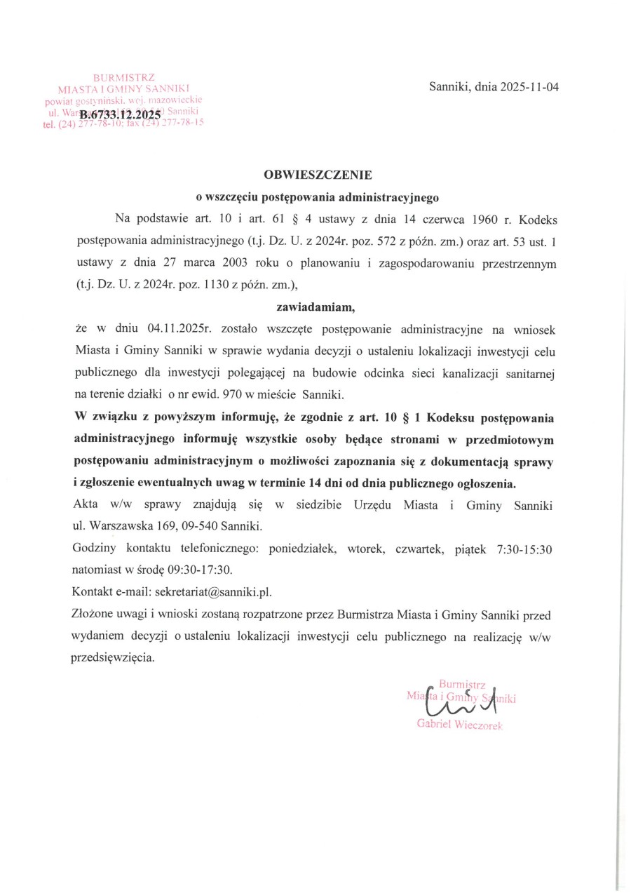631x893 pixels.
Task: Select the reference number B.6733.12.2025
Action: tap(120, 114)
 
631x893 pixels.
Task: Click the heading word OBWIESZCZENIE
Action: tap(318, 174)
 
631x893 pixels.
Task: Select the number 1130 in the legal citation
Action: tap(198, 285)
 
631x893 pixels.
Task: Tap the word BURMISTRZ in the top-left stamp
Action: tap(124, 77)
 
